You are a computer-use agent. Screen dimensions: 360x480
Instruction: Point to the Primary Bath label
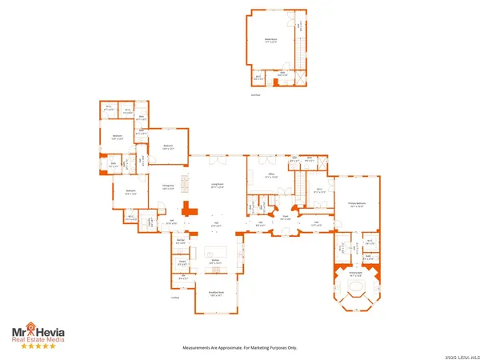coord(355,273)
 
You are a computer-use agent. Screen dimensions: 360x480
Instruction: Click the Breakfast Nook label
coord(215,294)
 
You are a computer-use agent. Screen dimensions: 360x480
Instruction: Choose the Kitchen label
coord(215,262)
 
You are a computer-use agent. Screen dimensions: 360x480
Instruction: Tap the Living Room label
coord(217,186)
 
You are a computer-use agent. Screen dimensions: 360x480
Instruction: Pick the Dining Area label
coord(169,187)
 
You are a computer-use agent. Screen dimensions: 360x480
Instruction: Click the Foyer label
coord(284,217)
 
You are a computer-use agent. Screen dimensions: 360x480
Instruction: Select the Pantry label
coord(182,262)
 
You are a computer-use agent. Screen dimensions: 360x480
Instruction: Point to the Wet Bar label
coord(182,241)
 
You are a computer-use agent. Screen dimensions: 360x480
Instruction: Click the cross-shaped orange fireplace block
coord(190,211)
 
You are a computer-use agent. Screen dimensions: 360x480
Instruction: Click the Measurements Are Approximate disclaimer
coord(240,348)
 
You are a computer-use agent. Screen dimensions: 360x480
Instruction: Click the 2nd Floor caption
coord(255,94)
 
